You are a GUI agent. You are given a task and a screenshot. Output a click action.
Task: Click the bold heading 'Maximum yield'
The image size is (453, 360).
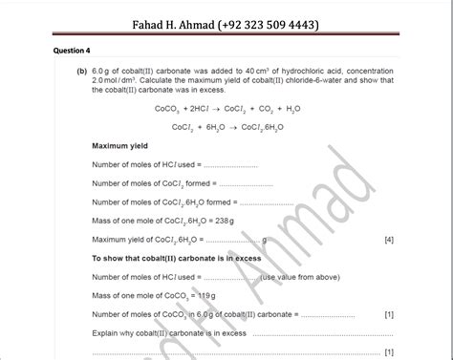point(119,146)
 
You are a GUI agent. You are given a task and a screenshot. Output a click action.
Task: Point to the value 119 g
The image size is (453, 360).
point(200,295)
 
